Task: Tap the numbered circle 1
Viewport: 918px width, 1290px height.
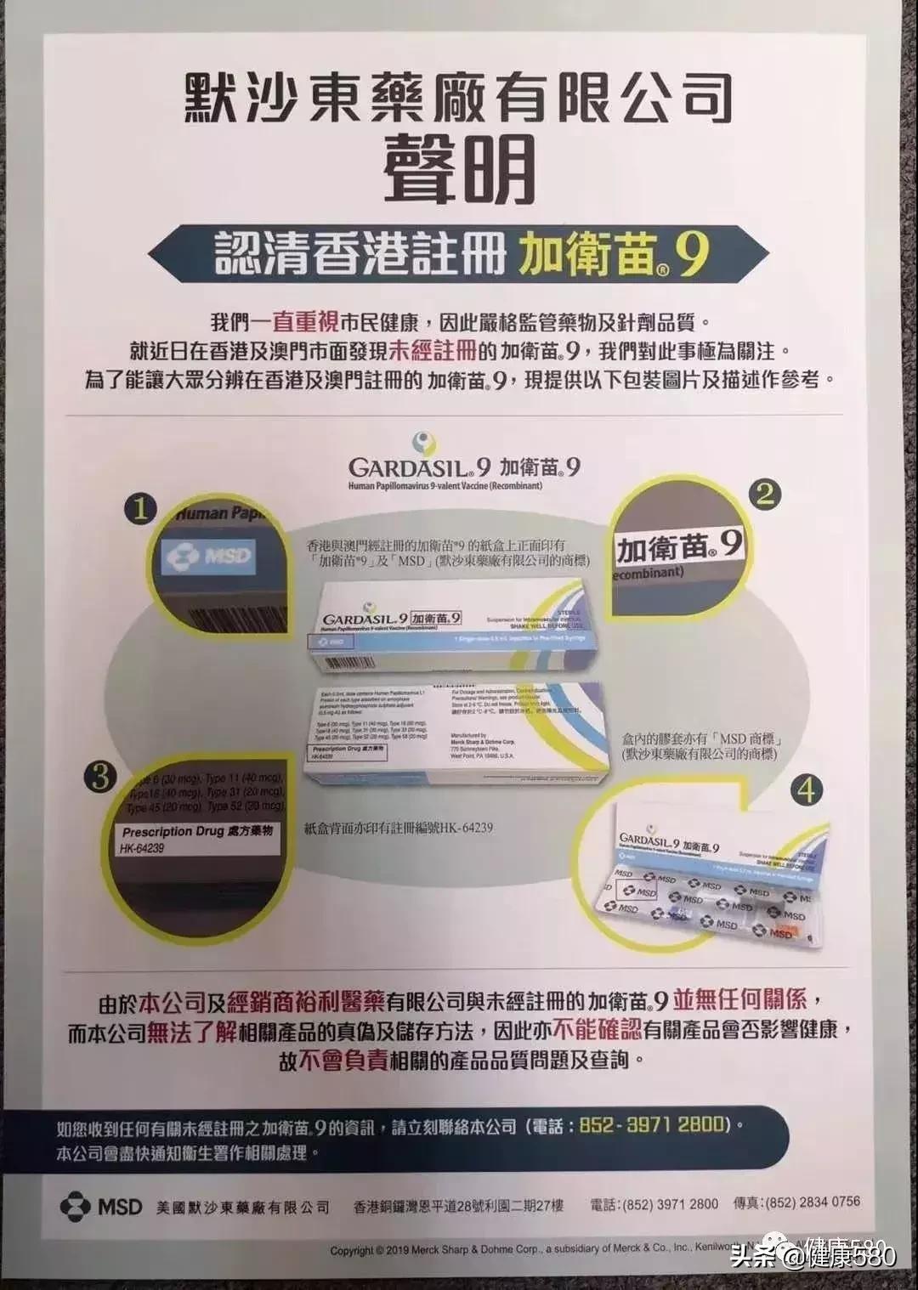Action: pos(141,509)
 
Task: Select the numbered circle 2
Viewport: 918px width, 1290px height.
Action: pos(765,494)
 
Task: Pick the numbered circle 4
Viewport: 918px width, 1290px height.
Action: pos(805,790)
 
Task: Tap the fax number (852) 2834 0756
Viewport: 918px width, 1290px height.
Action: pos(813,1202)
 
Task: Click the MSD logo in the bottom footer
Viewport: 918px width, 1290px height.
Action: pos(101,1206)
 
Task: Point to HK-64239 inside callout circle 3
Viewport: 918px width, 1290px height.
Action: pos(143,848)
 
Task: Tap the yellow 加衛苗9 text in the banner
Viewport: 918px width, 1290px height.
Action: pos(613,253)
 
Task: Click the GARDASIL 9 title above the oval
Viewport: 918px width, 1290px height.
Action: pos(419,467)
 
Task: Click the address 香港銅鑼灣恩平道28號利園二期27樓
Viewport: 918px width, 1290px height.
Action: pos(458,1205)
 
